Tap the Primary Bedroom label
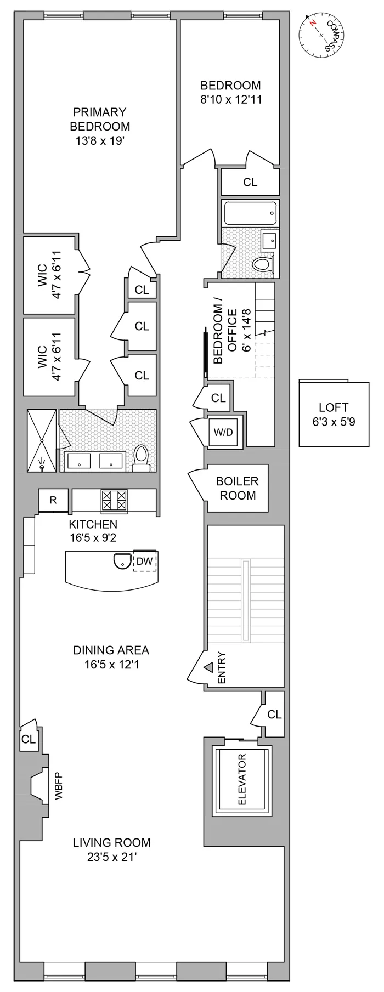point(100,119)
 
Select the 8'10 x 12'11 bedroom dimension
point(230,100)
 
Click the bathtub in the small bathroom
point(250,213)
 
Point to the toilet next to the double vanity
point(141,458)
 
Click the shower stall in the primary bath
point(42,440)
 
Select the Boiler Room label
point(236,488)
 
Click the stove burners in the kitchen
point(114,500)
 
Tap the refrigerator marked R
point(53,500)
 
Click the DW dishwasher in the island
point(144,561)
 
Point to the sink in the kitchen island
point(121,561)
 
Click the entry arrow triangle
point(209,667)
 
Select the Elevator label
point(242,779)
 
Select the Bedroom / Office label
point(225,337)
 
